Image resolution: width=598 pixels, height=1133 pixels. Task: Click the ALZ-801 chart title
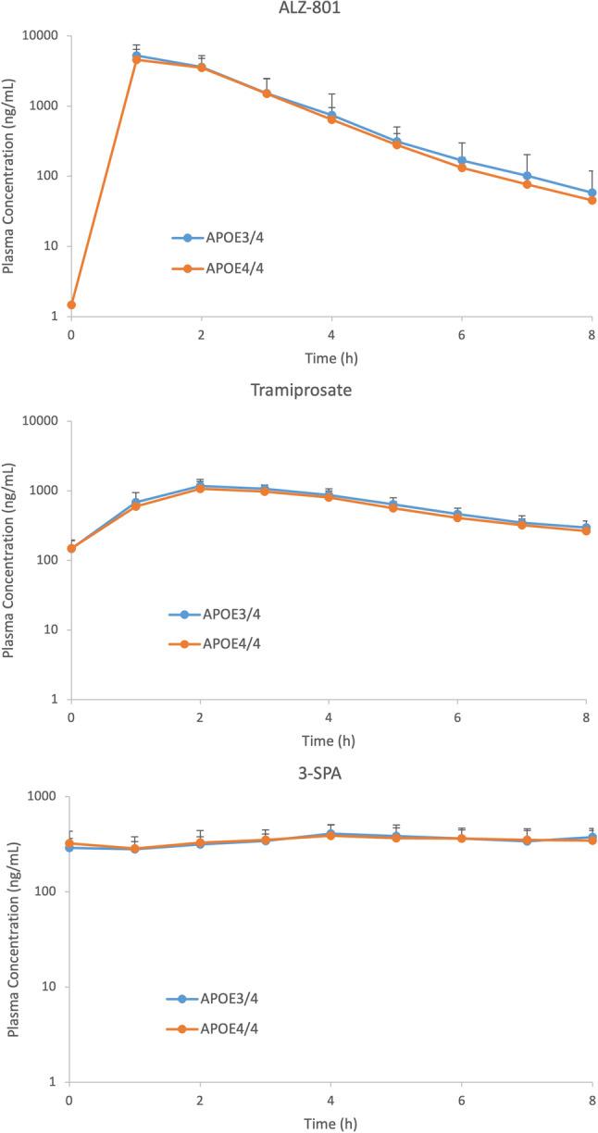click(331, 9)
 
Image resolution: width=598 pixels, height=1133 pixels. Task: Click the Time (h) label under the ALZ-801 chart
click(331, 355)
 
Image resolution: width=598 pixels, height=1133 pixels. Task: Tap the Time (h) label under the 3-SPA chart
click(331, 1123)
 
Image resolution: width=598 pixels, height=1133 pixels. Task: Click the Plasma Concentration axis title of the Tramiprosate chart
click(9, 560)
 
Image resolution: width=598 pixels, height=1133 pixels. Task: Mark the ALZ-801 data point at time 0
click(71, 305)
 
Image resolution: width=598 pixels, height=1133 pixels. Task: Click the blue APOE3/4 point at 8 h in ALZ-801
click(592, 193)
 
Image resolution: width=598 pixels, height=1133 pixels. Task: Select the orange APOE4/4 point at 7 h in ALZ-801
click(527, 184)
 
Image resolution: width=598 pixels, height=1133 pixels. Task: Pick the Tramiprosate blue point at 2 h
click(201, 485)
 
